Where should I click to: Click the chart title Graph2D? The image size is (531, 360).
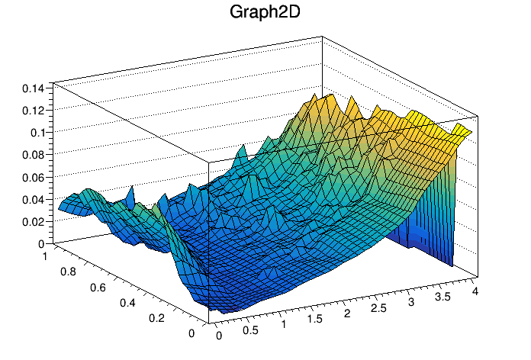[x=265, y=13]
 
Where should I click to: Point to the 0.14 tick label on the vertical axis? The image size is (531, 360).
[x=34, y=88]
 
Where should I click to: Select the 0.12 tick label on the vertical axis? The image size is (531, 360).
[x=34, y=110]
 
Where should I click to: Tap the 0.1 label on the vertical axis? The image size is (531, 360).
[x=37, y=132]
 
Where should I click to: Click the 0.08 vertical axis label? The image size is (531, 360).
[x=34, y=155]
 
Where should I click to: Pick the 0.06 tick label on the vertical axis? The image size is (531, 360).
[x=34, y=177]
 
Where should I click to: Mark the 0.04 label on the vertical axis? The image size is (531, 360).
[x=34, y=199]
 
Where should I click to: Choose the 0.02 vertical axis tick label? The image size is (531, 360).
[x=34, y=221]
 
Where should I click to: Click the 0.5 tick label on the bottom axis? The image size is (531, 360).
[x=251, y=330]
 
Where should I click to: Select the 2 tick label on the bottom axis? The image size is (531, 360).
[x=347, y=315]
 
